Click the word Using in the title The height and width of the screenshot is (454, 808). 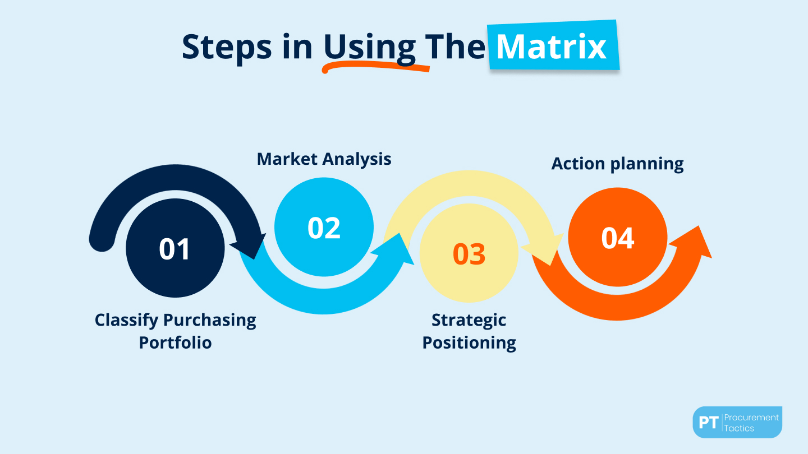369,47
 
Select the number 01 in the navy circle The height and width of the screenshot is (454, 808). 175,249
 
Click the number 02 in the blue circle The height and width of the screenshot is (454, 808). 324,228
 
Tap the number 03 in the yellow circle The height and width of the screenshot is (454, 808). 469,254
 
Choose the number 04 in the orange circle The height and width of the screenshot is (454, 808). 618,238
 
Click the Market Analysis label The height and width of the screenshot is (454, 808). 324,159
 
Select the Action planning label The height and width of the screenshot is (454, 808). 617,164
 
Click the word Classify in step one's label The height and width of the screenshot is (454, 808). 126,320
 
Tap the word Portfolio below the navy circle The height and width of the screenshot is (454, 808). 175,342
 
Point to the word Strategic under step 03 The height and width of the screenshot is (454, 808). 469,320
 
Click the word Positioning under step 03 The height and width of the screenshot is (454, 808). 469,342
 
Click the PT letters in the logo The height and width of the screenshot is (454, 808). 709,423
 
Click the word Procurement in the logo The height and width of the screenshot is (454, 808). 751,417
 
